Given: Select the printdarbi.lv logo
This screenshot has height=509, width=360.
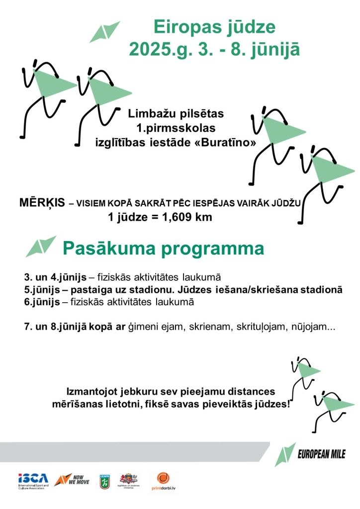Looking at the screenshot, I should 164,481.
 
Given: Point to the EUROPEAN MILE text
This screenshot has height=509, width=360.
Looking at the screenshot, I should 321,454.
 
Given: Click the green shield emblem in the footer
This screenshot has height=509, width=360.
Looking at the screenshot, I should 104,481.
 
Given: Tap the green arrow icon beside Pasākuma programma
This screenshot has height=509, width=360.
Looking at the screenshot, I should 41,246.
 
